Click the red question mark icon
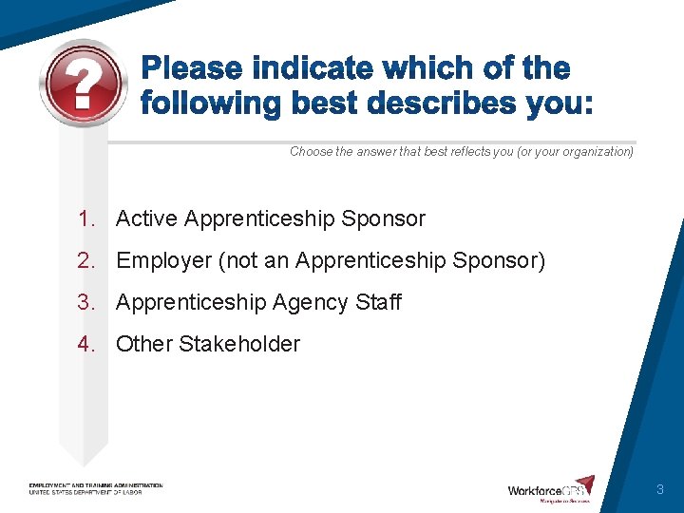pyautogui.click(x=84, y=84)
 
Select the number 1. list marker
pyautogui.click(x=88, y=219)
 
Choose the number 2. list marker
pyautogui.click(x=88, y=261)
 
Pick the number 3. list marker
pyautogui.click(x=88, y=303)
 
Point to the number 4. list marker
pyautogui.click(x=88, y=345)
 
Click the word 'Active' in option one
pyautogui.click(x=146, y=219)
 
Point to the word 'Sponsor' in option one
pyautogui.click(x=383, y=219)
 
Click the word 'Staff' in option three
pyautogui.click(x=379, y=303)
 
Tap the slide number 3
pyautogui.click(x=659, y=490)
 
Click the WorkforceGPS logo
pyautogui.click(x=551, y=489)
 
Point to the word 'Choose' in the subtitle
pyautogui.click(x=311, y=152)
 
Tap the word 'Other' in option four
pyautogui.click(x=143, y=345)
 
